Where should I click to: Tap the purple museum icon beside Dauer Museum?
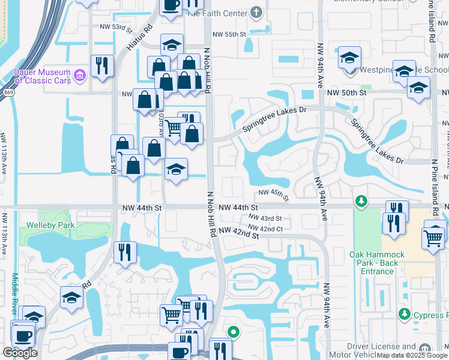point(80,76)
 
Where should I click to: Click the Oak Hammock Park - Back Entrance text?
point(377,263)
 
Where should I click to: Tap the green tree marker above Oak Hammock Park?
point(360,200)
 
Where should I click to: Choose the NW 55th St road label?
point(226,34)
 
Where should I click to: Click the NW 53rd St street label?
point(115,28)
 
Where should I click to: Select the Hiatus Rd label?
point(139,37)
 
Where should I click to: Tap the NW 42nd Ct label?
point(265,228)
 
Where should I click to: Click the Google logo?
point(20,353)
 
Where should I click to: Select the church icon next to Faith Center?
point(256,12)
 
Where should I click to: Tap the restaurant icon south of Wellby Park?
point(125,251)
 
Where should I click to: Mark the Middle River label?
point(16,293)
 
